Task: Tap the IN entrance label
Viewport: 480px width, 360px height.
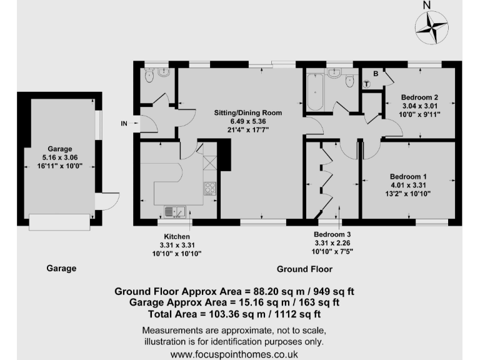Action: [124, 124]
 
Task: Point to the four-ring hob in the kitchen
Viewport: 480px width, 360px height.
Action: [209, 187]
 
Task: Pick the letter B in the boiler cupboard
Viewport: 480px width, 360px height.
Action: [375, 74]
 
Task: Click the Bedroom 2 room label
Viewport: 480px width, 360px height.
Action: [419, 97]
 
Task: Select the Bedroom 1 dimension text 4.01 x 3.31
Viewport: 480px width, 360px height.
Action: [409, 185]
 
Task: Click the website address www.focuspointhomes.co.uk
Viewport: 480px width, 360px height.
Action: [234, 354]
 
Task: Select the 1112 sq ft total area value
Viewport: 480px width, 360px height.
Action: [298, 314]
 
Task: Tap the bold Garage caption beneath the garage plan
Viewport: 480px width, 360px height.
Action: [61, 268]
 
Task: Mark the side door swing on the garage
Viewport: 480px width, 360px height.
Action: [107, 201]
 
